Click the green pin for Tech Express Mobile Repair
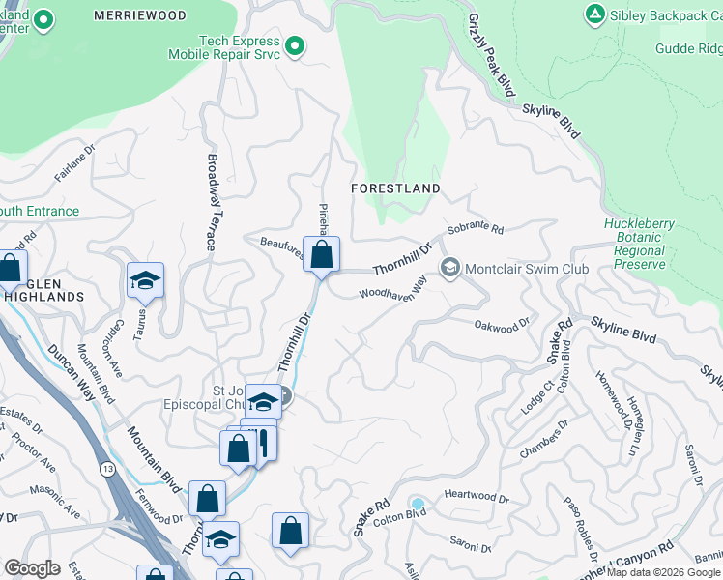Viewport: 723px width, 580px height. point(295,46)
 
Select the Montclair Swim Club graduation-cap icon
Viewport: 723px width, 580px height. point(449,269)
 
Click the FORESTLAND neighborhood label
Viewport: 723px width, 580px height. point(396,188)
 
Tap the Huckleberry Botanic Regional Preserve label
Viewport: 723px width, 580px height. point(639,244)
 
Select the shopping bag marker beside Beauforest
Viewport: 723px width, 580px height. point(322,255)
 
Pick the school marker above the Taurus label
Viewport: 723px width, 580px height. point(145,280)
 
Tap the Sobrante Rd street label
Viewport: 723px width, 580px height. point(476,230)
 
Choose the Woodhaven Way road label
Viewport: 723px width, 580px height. point(392,289)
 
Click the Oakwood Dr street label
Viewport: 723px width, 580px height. point(503,325)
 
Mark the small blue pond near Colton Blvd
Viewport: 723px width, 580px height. point(418,504)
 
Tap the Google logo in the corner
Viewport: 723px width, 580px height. point(31,567)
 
